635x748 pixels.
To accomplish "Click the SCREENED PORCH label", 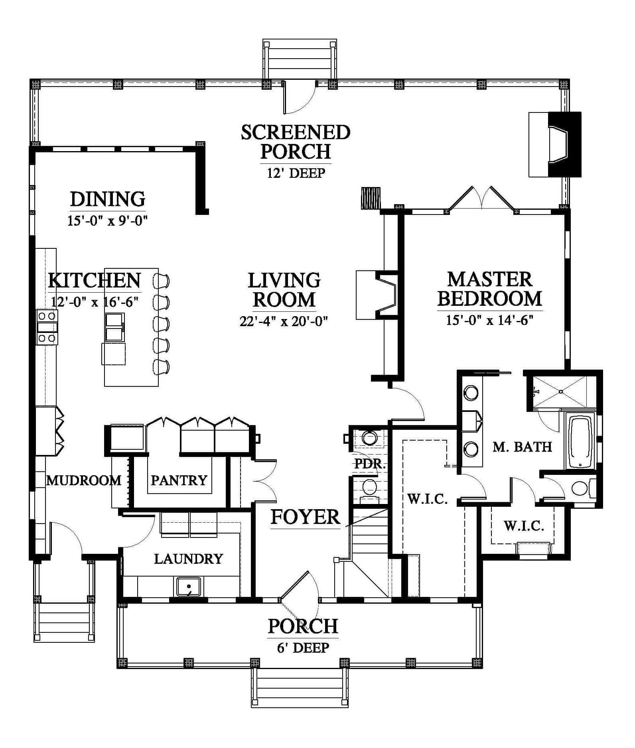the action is coord(296,142).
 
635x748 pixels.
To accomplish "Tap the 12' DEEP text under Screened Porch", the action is coord(296,173).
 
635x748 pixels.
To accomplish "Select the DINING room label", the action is coord(108,199).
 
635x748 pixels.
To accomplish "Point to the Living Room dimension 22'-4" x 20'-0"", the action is coord(284,321).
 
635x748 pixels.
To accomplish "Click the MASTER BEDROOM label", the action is coord(490,289).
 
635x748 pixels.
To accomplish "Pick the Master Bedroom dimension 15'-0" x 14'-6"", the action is coord(490,320).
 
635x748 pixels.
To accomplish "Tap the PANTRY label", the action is coord(179,480).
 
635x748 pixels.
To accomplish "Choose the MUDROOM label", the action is coord(84,480).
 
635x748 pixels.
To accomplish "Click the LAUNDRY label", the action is coord(188,559).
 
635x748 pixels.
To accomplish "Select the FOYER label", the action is coord(306,517).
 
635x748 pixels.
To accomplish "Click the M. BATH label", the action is coord(522,447).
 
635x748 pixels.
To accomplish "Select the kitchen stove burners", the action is coord(47,327).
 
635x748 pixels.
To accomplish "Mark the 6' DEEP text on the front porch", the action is coord(303,648).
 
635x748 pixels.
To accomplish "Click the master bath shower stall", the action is coord(561,392).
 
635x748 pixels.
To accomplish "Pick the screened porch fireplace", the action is coord(555,144).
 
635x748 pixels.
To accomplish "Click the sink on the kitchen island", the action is coord(114,327).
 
